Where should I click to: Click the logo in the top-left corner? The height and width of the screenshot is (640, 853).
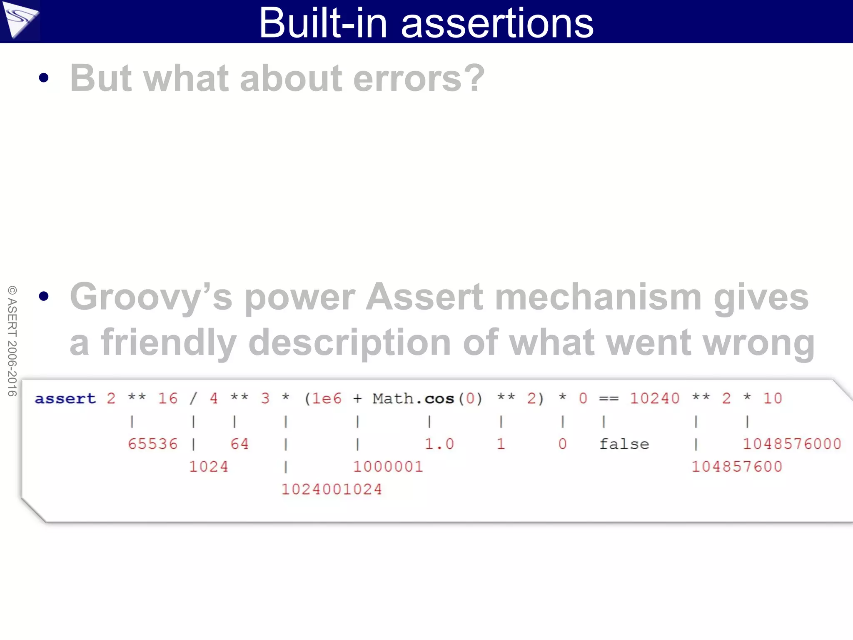coord(20,20)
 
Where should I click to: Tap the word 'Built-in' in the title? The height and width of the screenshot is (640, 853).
coord(323,23)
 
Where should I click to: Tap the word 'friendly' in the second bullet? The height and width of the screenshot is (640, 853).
coord(169,343)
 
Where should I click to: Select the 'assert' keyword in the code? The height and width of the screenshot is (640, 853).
coord(65,399)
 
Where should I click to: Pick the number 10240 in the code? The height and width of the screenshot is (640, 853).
coord(654,399)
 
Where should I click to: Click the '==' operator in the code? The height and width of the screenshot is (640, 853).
coord(609,399)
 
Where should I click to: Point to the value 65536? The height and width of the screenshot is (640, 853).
coord(153,444)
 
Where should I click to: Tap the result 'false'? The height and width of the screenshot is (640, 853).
coord(624,444)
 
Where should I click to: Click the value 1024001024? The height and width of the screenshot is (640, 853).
coord(332,489)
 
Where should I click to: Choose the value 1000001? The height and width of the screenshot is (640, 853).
coord(388,467)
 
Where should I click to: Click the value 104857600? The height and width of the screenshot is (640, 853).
coord(737,467)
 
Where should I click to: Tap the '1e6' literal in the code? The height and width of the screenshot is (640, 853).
coord(327,399)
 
